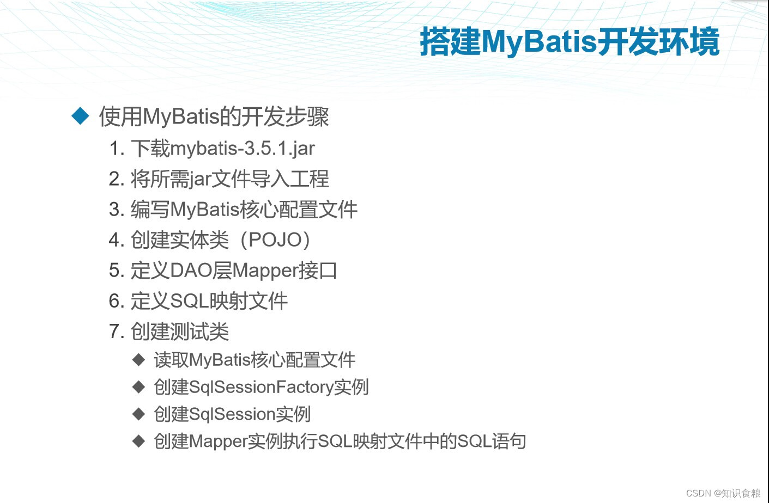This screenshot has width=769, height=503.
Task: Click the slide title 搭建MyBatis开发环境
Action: click(x=570, y=41)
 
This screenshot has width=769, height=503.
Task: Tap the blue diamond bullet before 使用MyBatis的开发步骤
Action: click(x=81, y=116)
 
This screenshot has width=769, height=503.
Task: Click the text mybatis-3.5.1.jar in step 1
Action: click(x=243, y=149)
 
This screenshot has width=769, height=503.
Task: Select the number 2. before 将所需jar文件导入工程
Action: click(x=117, y=179)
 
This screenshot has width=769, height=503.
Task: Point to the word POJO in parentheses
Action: click(x=275, y=240)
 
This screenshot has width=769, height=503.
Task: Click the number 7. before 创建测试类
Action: click(x=117, y=332)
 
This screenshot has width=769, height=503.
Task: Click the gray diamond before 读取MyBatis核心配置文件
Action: click(x=139, y=359)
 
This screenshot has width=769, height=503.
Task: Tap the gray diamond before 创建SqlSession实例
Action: click(x=139, y=414)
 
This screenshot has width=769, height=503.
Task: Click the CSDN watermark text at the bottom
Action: click(x=723, y=493)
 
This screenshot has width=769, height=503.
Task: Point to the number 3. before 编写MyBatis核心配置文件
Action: click(x=117, y=210)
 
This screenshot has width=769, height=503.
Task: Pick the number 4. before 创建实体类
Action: click(x=117, y=240)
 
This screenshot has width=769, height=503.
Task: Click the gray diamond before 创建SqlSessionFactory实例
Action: click(x=139, y=387)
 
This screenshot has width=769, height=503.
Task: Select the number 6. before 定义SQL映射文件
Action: click(x=117, y=301)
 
